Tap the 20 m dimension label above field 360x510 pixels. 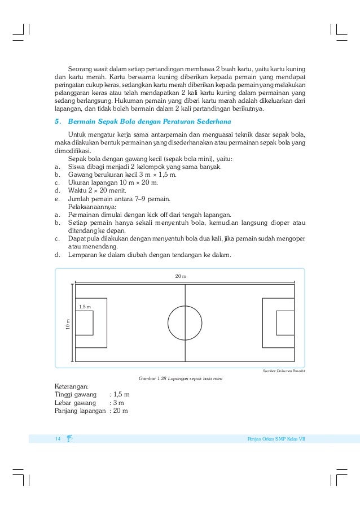pyautogui.click(x=180, y=276)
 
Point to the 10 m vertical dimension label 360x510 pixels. pyautogui.click(x=67, y=324)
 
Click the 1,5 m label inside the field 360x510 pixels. pyautogui.click(x=85, y=306)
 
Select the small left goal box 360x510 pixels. pyautogui.click(x=84, y=322)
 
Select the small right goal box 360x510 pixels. pyautogui.click(x=284, y=322)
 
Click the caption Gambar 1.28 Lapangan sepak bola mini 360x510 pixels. pyautogui.click(x=180, y=377)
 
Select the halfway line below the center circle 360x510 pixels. pyautogui.click(x=185, y=350)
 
